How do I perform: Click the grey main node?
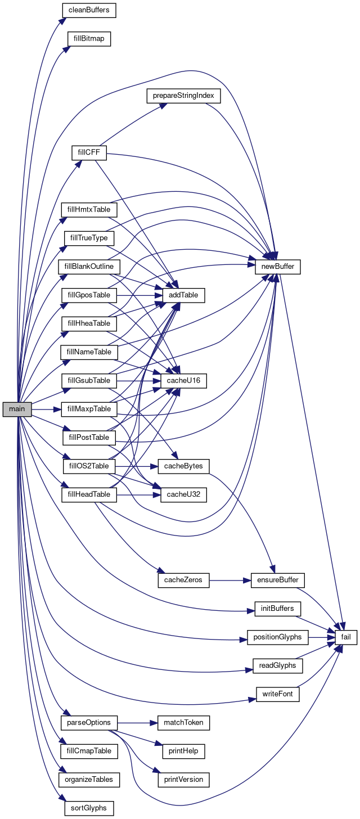[x=17, y=409]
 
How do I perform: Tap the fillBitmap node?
[x=89, y=39]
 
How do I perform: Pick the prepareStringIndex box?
[x=183, y=96]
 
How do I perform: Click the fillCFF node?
[x=89, y=152]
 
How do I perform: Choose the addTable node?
[x=184, y=295]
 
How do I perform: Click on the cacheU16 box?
[x=184, y=381]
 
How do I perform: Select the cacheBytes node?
[x=184, y=466]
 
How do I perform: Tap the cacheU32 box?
[x=184, y=495]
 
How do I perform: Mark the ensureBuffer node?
[x=278, y=580]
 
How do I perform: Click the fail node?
[x=346, y=637]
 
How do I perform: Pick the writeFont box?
[x=278, y=694]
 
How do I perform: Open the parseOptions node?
[x=89, y=722]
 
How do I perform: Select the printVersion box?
[x=184, y=780]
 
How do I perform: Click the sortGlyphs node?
[x=89, y=808]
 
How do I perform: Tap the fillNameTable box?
[x=89, y=352]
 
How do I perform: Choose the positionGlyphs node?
[x=278, y=637]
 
